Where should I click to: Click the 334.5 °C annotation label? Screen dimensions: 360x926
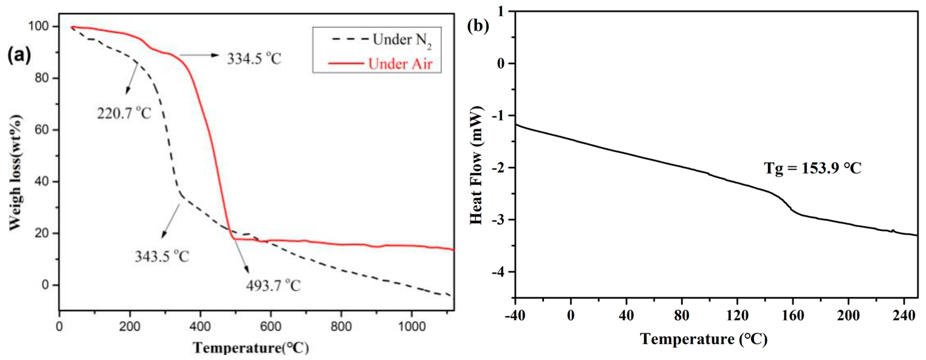tap(254, 59)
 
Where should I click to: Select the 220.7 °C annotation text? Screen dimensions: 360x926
tap(124, 113)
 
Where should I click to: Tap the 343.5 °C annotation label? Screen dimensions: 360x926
tap(162, 256)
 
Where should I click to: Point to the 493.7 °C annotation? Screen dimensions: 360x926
tap(273, 285)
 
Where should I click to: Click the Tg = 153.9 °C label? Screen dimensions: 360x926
tap(812, 168)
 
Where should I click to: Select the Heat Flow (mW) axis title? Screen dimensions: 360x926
tap(476, 165)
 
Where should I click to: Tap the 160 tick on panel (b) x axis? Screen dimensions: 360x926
tap(793, 315)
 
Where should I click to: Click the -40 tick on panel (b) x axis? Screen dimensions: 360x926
tap(515, 315)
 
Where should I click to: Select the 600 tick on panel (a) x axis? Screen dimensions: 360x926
tap(270, 326)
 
